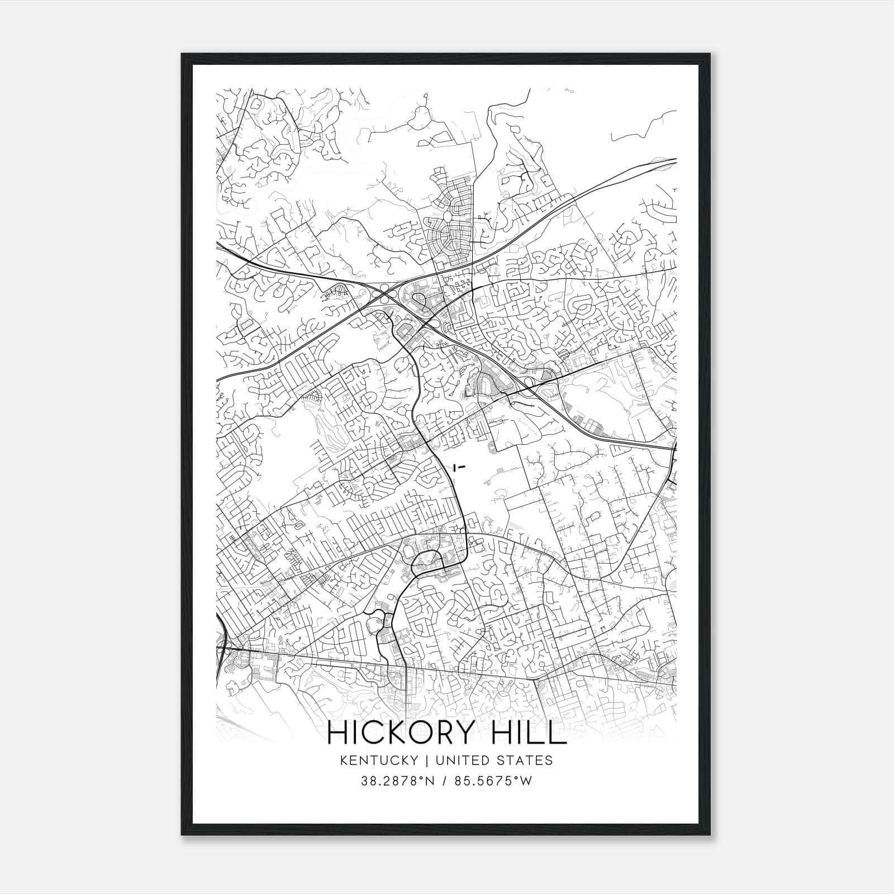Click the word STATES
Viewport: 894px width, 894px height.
[x=525, y=760]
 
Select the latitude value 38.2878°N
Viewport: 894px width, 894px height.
[x=397, y=781]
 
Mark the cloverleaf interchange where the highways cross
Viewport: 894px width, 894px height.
[x=386, y=292]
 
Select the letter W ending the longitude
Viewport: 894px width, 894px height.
[x=526, y=781]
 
